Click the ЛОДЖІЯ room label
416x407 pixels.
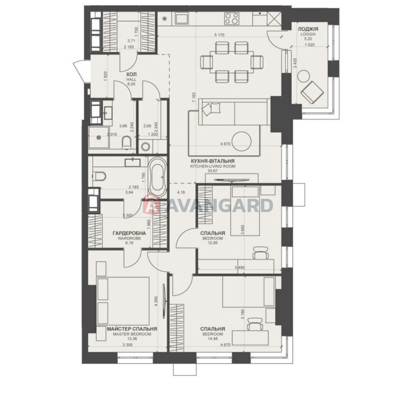308,29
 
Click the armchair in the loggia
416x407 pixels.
312,93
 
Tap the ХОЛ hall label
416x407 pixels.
131,74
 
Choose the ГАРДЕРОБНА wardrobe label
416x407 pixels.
129,233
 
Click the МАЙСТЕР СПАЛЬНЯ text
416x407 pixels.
132,329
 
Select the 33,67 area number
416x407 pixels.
213,171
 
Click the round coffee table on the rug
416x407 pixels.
242,142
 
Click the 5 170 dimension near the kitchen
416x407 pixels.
219,35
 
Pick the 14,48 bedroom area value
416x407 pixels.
213,339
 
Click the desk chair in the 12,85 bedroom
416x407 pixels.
261,253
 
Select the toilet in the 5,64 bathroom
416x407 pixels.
99,176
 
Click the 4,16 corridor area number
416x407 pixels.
181,192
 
